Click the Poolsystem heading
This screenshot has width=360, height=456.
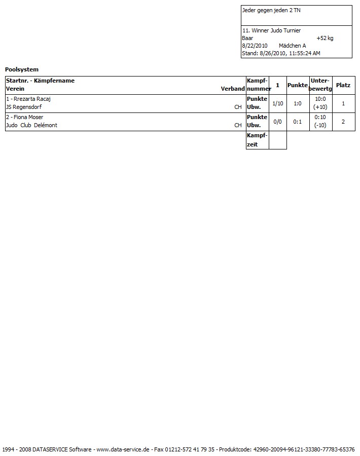pos(22,69)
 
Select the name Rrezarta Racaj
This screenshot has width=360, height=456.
pos(31,99)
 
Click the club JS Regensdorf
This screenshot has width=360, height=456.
pos(24,107)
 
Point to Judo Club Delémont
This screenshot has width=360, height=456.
pos(31,126)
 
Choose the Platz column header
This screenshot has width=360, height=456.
pos(343,85)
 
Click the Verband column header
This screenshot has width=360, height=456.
pos(233,89)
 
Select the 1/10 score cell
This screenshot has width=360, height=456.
pos(277,103)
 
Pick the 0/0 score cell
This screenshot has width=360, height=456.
pos(277,122)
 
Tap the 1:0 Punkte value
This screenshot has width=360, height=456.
pos(298,103)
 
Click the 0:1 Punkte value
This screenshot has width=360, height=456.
pos(298,122)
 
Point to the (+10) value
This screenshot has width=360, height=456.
pos(320,107)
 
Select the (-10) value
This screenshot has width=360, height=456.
pos(320,126)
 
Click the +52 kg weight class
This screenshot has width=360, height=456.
pos(325,38)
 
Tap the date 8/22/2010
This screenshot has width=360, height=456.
pos(255,46)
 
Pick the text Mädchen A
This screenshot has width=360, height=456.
pos(293,46)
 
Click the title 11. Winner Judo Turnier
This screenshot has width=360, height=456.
pos(272,30)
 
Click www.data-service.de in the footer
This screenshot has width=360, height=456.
pos(123,449)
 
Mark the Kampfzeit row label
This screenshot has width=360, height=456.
pos(257,140)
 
